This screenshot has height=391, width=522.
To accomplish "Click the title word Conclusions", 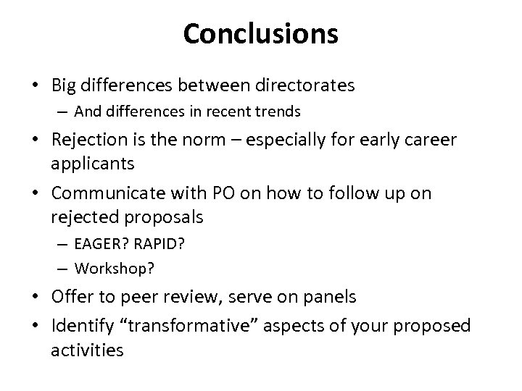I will (x=260, y=33).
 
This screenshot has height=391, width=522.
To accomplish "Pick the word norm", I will (x=212, y=139).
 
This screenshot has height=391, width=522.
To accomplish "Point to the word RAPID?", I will (x=163, y=244).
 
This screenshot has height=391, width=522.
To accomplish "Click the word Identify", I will (x=83, y=325).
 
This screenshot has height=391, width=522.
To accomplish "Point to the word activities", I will (x=87, y=350).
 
